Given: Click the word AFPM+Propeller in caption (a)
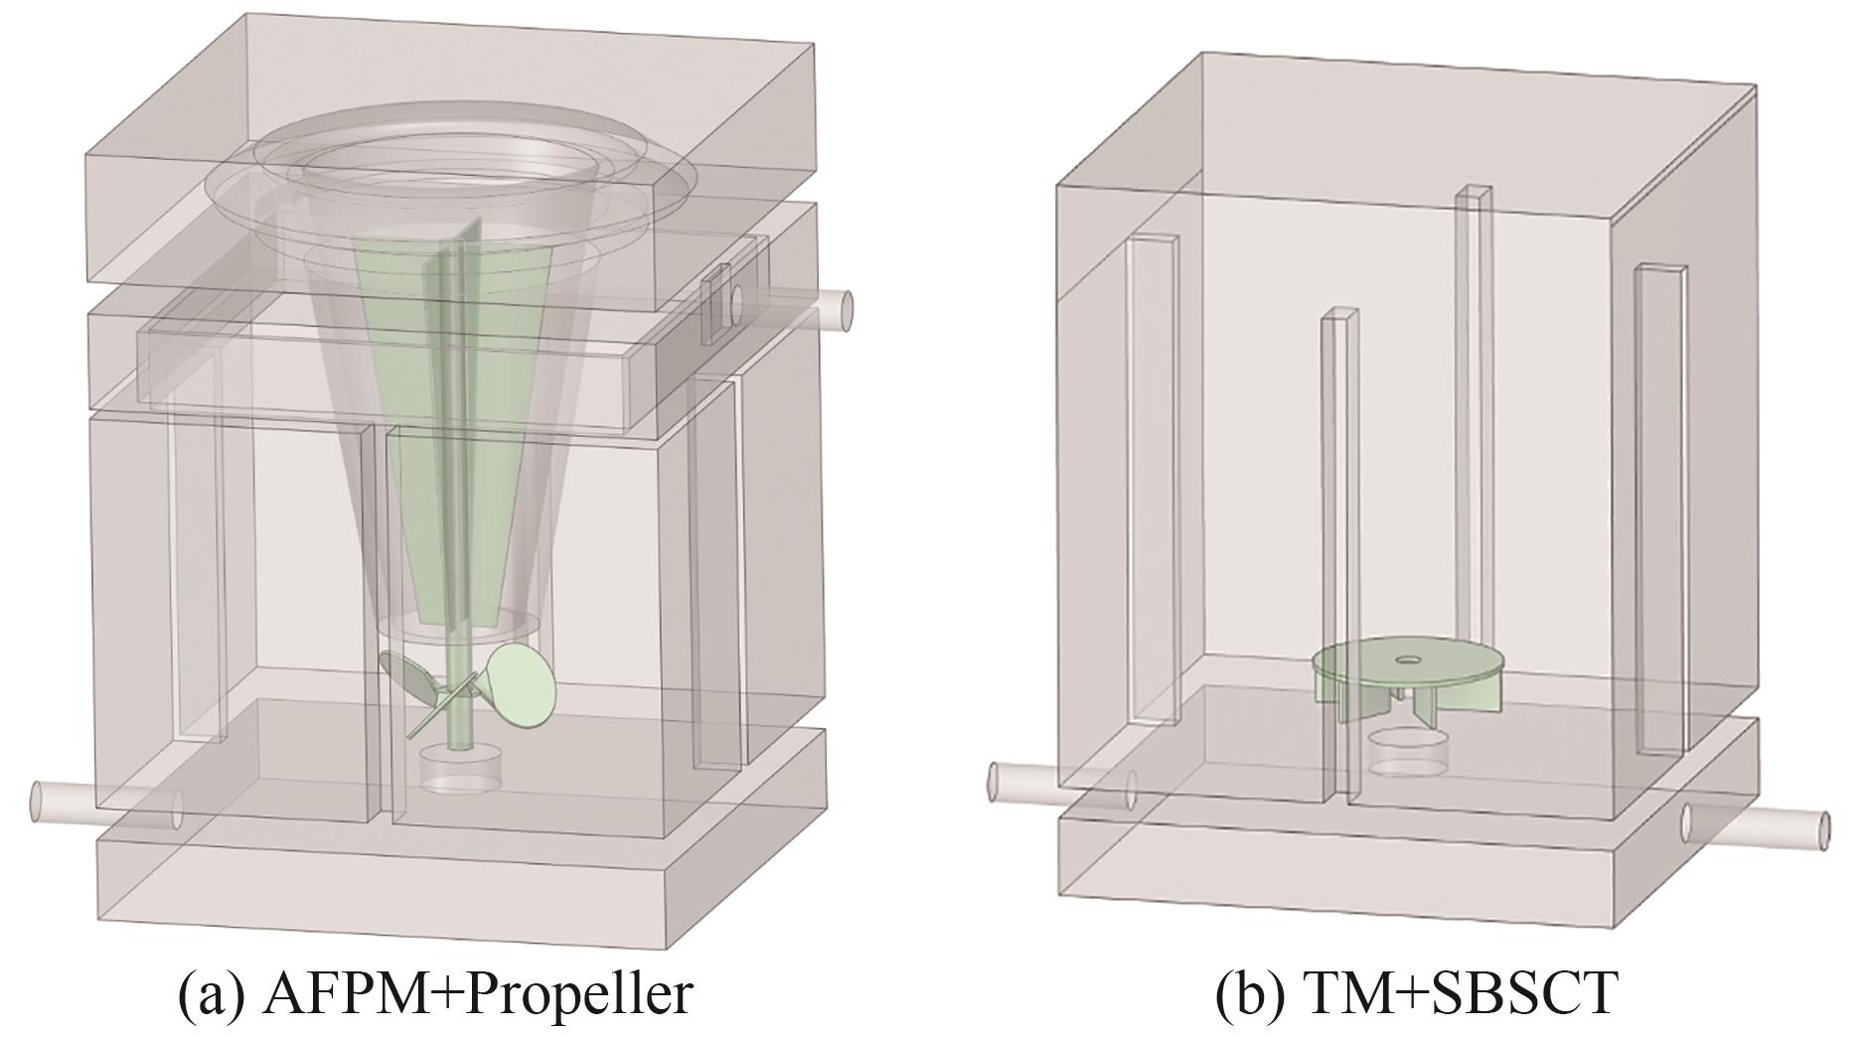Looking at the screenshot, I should click(477, 994).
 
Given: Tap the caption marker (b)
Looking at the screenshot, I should click(1241, 994).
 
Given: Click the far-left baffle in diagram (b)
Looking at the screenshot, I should click(1151, 477).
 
